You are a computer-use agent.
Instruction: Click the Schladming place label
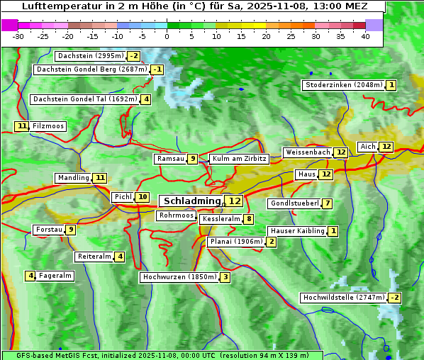[192, 201]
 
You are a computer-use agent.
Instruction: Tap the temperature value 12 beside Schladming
[235, 201]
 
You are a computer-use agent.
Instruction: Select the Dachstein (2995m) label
[90, 56]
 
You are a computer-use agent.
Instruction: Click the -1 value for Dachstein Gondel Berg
[157, 69]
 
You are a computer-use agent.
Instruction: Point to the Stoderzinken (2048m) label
[343, 85]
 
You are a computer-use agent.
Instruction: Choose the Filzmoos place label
[48, 126]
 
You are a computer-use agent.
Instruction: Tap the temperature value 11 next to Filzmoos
[22, 126]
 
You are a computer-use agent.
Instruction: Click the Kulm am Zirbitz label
[239, 159]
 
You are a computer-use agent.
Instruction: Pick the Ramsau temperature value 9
[192, 159]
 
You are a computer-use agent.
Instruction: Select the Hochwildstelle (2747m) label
[343, 298]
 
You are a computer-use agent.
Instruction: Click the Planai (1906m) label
[235, 242]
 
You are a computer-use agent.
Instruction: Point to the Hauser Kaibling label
[297, 231]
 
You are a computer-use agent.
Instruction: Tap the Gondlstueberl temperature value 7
[327, 204]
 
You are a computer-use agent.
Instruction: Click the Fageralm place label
[55, 276]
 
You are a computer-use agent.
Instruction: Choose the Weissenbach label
[307, 152]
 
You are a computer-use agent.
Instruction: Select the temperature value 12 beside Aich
[386, 147]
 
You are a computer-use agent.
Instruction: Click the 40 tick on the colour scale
[365, 35]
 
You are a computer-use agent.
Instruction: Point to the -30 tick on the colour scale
[18, 35]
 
